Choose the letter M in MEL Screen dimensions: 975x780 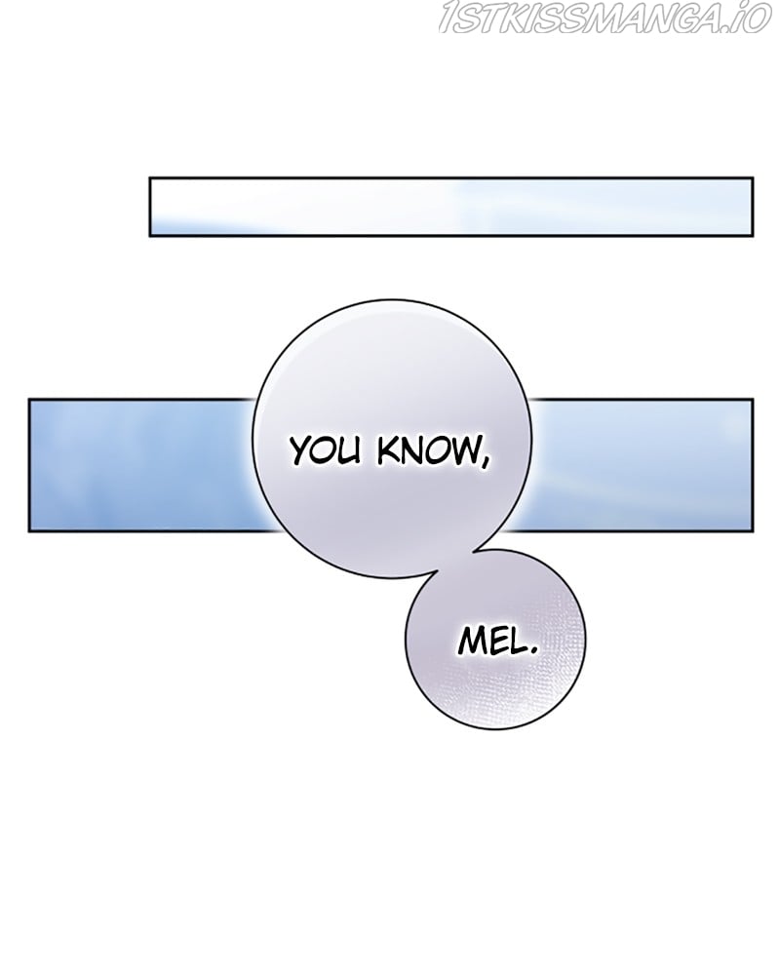pyautogui.click(x=467, y=645)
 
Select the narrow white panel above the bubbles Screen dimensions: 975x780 pyautogui.click(x=450, y=207)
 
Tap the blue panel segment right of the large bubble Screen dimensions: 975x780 pyautogui.click(x=648, y=465)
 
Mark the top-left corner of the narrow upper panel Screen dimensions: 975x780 pyautogui.click(x=150, y=178)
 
